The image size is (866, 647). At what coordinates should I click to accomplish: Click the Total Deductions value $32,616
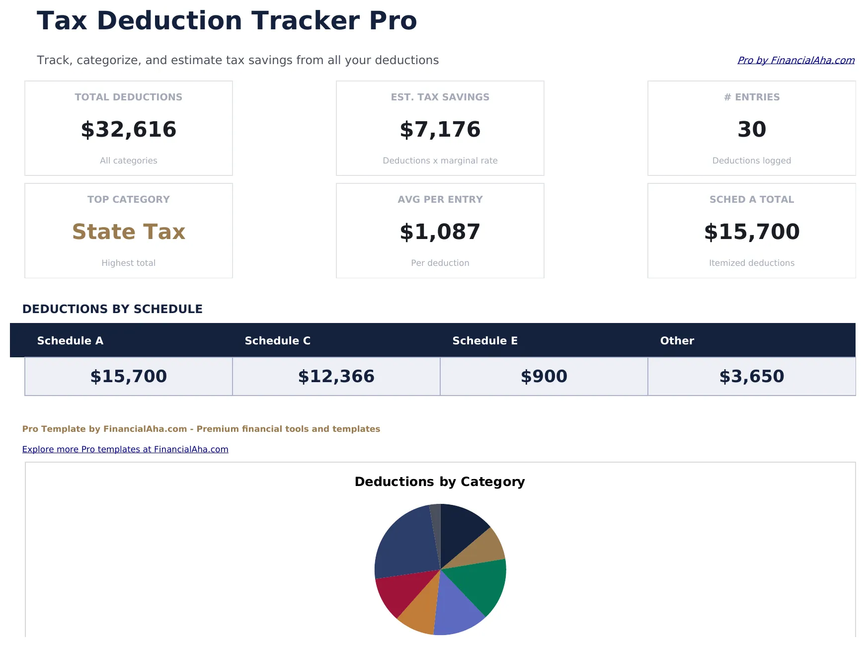[x=129, y=129]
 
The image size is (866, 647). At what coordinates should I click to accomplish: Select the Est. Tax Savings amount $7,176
[x=440, y=129]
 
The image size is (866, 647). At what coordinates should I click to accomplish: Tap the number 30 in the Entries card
[x=751, y=129]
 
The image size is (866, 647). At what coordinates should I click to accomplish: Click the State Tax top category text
[x=129, y=232]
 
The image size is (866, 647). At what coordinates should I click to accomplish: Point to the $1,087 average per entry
[x=440, y=232]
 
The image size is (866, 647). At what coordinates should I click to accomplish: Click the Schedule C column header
[x=277, y=340]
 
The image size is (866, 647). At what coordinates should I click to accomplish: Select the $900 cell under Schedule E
[x=544, y=376]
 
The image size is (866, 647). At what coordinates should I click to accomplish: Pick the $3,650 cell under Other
[x=751, y=376]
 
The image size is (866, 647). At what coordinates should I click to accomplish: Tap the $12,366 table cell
[x=336, y=376]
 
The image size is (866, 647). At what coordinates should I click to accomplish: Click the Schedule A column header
[x=70, y=340]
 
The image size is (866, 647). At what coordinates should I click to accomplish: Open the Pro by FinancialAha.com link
[x=795, y=60]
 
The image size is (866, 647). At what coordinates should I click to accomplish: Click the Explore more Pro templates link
[x=125, y=449]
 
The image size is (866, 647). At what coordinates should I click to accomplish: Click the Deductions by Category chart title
[x=440, y=482]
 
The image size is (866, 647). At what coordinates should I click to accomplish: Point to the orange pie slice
[x=420, y=614]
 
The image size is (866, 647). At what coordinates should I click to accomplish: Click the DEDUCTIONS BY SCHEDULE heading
[x=112, y=309]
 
